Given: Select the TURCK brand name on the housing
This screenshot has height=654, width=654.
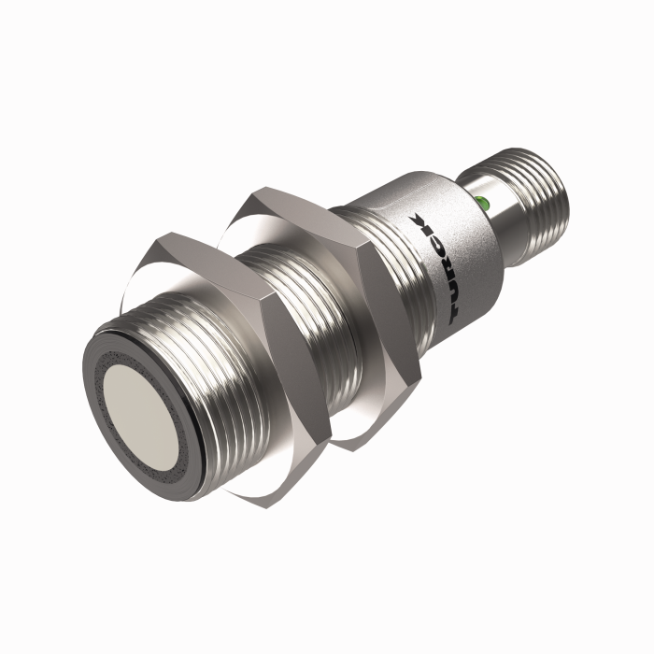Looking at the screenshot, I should click(436, 267).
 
